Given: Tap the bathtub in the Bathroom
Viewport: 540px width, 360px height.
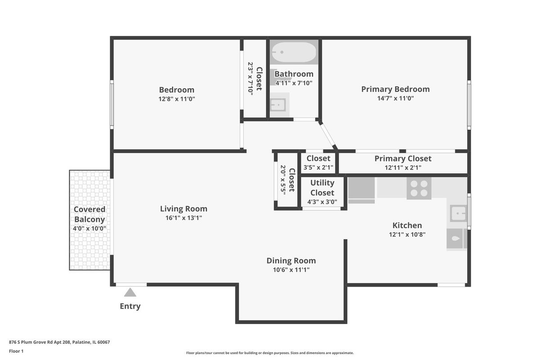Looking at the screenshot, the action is (x=294, y=52).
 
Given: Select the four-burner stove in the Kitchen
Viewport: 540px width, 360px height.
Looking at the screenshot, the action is (x=419, y=188).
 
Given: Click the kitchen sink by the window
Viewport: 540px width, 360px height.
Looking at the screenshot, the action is (x=458, y=213).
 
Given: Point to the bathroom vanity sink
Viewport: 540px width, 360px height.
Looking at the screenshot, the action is (x=278, y=105).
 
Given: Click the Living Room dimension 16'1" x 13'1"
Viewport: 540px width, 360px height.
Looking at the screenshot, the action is (x=184, y=218).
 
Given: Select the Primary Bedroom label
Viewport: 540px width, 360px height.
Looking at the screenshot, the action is (x=396, y=89).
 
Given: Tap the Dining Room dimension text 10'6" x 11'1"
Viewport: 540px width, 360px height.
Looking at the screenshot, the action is (x=291, y=270).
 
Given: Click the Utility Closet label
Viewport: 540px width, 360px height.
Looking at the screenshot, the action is (x=322, y=188).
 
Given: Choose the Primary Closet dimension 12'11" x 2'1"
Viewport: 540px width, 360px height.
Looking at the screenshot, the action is (x=403, y=167).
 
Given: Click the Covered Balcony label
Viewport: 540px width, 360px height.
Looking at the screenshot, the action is (x=90, y=214).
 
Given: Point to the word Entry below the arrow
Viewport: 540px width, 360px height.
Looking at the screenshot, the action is (x=130, y=306).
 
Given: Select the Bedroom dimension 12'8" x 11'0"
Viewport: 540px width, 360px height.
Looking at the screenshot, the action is (x=177, y=99).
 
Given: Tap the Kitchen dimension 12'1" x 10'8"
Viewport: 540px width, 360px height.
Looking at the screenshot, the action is (x=407, y=234).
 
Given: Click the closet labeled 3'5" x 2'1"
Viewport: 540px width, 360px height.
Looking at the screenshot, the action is (x=318, y=163).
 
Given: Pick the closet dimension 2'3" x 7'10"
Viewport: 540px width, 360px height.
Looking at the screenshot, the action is (x=251, y=79).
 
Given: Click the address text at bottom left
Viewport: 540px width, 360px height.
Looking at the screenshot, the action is (x=59, y=342).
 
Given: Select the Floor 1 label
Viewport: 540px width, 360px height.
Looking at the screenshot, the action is (x=16, y=351).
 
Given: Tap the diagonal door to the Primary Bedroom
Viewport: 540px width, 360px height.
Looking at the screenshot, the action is (x=328, y=135).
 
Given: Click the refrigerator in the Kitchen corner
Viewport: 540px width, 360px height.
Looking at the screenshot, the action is (x=361, y=190).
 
